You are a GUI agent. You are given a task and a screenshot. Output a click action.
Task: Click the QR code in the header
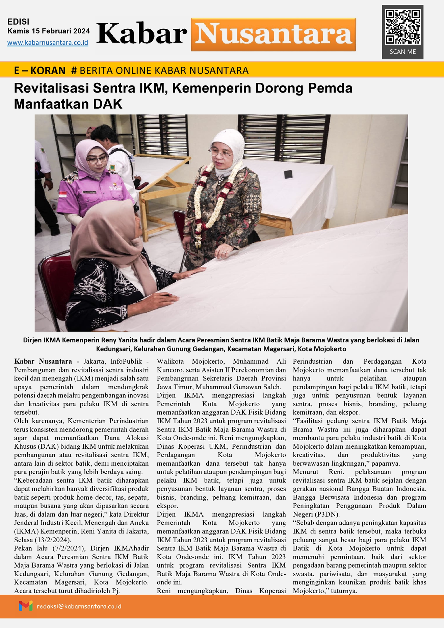[x=402, y=27]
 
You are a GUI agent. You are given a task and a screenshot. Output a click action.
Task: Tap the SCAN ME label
[x=402, y=52]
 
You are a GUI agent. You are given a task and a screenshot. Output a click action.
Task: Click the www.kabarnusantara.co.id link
[x=48, y=43]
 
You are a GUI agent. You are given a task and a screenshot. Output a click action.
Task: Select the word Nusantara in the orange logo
[x=273, y=34]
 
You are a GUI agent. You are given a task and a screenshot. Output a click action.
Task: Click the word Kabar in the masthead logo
[x=142, y=34]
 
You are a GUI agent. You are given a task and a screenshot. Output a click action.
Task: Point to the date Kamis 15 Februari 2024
[x=49, y=31]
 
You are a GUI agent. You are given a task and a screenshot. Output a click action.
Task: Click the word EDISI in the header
[x=18, y=22]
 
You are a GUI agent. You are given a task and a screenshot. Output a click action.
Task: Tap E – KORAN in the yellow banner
[x=40, y=71]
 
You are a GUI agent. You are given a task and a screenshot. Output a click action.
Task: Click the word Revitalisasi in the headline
[x=51, y=88]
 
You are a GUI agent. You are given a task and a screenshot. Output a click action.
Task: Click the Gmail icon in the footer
[x=26, y=606]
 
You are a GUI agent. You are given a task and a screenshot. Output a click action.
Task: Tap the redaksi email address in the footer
[x=79, y=606]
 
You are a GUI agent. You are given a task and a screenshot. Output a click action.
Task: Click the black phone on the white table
[x=288, y=174]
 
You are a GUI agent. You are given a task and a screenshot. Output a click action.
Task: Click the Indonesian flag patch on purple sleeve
[x=63, y=195]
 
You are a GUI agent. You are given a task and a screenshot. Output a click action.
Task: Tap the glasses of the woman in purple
[x=97, y=159]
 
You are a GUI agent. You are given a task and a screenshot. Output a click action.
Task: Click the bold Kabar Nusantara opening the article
[x=43, y=362]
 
